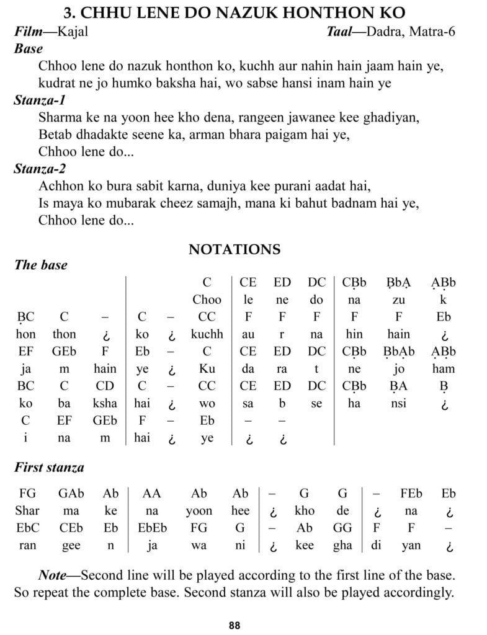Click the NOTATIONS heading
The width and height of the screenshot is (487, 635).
(235, 249)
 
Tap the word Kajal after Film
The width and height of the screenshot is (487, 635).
(73, 32)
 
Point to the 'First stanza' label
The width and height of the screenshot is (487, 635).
(49, 468)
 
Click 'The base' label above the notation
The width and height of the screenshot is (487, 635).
(40, 265)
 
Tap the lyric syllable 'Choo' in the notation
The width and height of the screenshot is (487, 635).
(207, 300)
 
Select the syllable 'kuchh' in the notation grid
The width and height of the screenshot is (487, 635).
(207, 334)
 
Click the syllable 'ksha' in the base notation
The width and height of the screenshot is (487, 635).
(105, 402)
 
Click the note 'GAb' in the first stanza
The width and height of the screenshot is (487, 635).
(71, 494)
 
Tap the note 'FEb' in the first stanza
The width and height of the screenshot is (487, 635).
(411, 494)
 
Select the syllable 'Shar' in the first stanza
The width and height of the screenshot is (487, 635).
(27, 511)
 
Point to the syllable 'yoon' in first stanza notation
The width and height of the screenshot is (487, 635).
(199, 511)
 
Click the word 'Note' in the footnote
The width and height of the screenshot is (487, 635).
(53, 575)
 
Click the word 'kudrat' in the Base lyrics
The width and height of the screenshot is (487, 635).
(57, 82)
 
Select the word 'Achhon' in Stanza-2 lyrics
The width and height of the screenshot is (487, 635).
(61, 186)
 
